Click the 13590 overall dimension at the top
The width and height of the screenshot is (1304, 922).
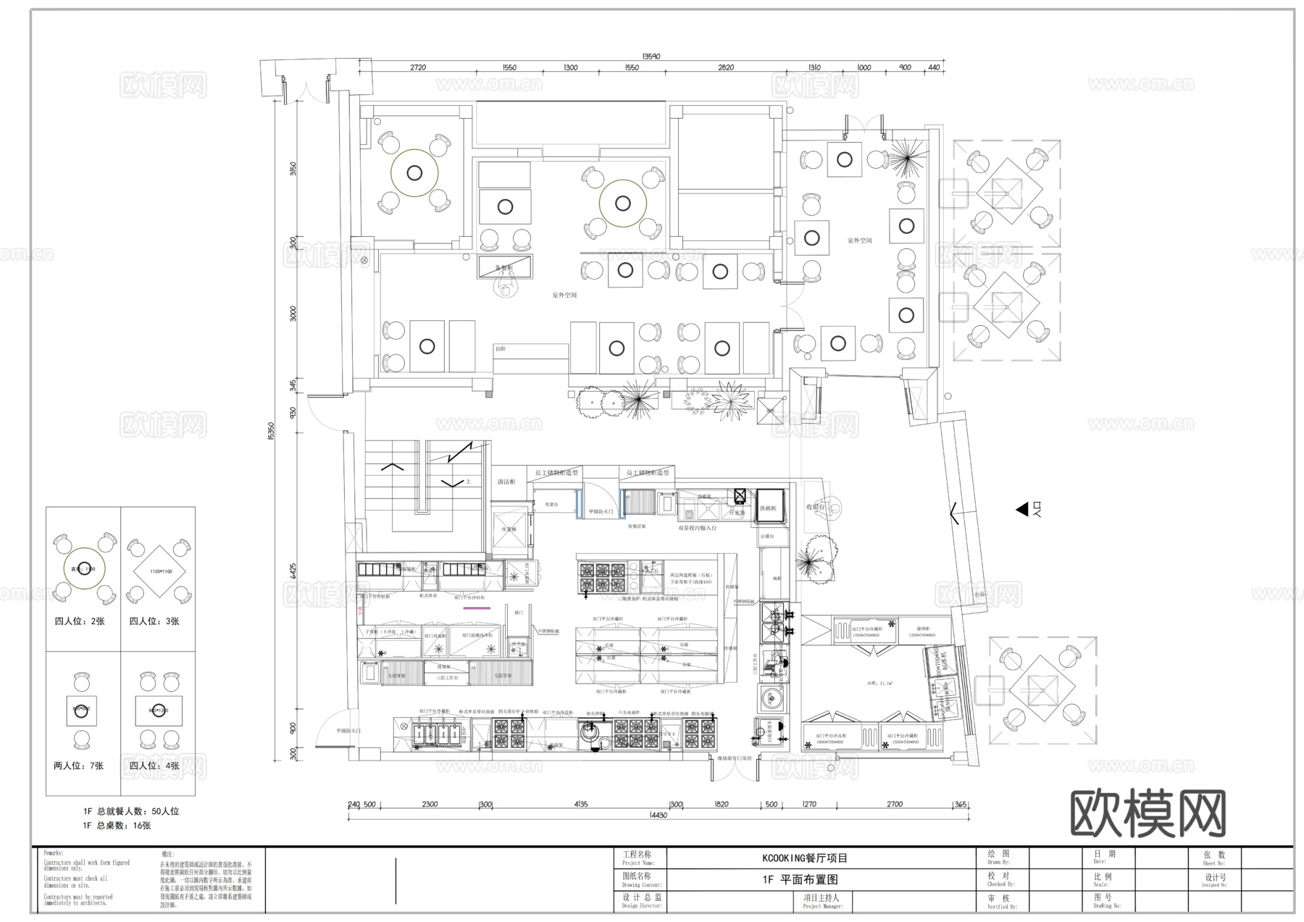[651, 56]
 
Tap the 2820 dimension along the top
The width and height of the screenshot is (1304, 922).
[725, 67]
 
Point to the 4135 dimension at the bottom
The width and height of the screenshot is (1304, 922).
[580, 804]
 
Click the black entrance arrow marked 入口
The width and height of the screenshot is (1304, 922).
[1021, 509]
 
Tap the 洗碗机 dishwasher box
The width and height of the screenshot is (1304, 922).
[768, 508]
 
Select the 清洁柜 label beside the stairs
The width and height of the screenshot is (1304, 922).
[506, 482]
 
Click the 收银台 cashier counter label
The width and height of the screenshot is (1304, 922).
[816, 507]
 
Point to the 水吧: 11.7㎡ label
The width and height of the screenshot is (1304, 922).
[880, 683]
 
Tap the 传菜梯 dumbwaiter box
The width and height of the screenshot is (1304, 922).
[509, 528]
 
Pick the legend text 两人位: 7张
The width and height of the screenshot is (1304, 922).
[78, 766]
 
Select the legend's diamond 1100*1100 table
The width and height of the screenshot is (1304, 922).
[159, 571]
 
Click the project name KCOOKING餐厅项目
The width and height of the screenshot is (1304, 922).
[804, 858]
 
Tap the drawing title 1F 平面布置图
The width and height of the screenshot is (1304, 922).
[800, 880]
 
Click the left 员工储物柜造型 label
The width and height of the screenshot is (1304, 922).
[557, 473]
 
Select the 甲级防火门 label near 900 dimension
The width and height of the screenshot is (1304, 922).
[348, 731]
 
